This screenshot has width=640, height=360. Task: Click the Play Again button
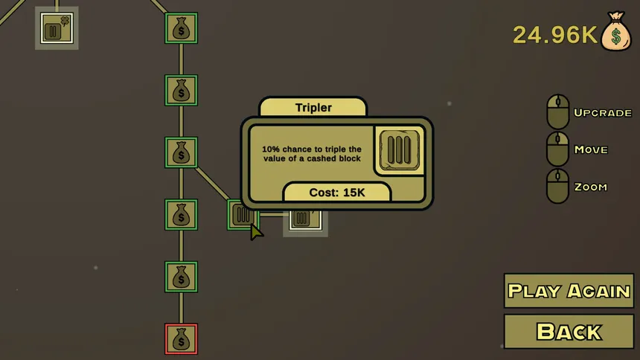[x=569, y=291]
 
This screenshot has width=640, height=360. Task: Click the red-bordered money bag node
[x=182, y=338]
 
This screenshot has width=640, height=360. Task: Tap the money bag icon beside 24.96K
[x=616, y=31]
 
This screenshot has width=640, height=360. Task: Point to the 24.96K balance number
[x=555, y=35]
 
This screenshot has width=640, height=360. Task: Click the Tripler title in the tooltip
[x=313, y=108]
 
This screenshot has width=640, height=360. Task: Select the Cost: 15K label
[x=336, y=192]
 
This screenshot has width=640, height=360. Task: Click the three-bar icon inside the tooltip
[x=400, y=150]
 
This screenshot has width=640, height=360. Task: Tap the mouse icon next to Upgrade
[x=558, y=112]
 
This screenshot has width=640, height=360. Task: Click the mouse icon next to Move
[x=558, y=149]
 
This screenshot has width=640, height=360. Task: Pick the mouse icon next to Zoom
[x=558, y=186]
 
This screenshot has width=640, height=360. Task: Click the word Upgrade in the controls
[x=603, y=112]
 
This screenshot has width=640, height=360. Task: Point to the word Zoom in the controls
[x=591, y=187]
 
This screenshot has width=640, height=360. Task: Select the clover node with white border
[x=57, y=28]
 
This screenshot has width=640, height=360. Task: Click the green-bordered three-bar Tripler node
[x=243, y=215]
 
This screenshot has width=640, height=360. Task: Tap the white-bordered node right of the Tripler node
[x=305, y=219]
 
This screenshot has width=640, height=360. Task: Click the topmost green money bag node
[x=182, y=28]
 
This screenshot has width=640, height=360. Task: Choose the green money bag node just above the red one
[x=182, y=277]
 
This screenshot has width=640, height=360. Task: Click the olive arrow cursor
[x=256, y=232]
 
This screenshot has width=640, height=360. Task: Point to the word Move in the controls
[x=591, y=150]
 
